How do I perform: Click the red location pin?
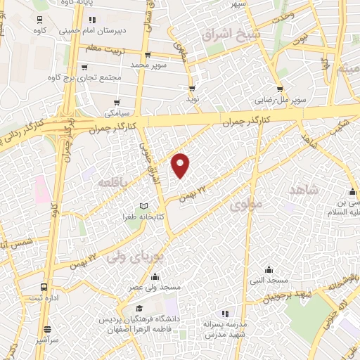click(x=181, y=165)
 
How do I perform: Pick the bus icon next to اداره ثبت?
click(x=44, y=288)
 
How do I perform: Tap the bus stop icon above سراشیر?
click(x=46, y=328)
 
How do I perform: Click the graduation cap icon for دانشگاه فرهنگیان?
click(x=139, y=309)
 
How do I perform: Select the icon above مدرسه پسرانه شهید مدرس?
click(x=224, y=314)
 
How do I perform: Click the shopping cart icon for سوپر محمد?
click(x=147, y=56)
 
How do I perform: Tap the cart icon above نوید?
click(x=192, y=89)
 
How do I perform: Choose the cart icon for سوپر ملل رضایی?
click(x=280, y=89)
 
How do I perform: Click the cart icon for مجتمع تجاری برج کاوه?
click(x=84, y=67)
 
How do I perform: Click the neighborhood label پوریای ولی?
click(x=134, y=257)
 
